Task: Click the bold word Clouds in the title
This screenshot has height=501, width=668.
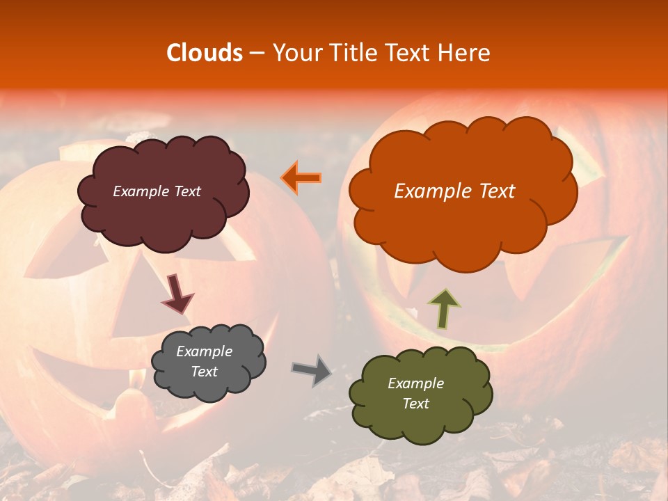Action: pos(204,53)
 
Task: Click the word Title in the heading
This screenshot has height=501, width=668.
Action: pos(352,53)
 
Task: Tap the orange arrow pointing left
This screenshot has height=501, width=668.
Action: pos(301,178)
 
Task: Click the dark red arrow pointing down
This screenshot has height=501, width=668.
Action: pos(177,294)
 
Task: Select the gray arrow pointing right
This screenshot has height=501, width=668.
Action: pos(312,370)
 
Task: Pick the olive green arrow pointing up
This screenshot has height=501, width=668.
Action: pos(445,309)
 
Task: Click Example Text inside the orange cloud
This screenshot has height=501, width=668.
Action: pos(454,191)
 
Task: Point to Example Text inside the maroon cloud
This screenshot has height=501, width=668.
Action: pos(157,191)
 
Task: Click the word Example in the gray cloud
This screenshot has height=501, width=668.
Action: pos(204,351)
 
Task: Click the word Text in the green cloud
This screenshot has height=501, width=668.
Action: pos(415,404)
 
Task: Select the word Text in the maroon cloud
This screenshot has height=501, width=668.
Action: pos(187,191)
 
